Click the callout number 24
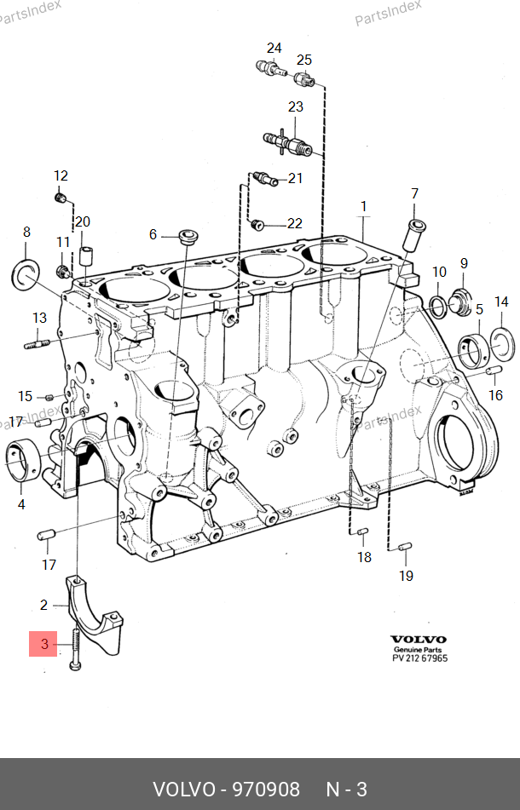[274, 48]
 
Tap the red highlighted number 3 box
[43, 644]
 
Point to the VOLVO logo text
[419, 640]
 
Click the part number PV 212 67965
[419, 658]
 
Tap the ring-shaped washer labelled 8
[26, 273]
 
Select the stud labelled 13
[37, 344]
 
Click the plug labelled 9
[459, 302]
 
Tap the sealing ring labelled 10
[438, 307]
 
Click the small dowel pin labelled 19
[405, 546]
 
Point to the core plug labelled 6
[188, 237]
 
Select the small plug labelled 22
[257, 225]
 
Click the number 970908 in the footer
[266, 789]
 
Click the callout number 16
[496, 395]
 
